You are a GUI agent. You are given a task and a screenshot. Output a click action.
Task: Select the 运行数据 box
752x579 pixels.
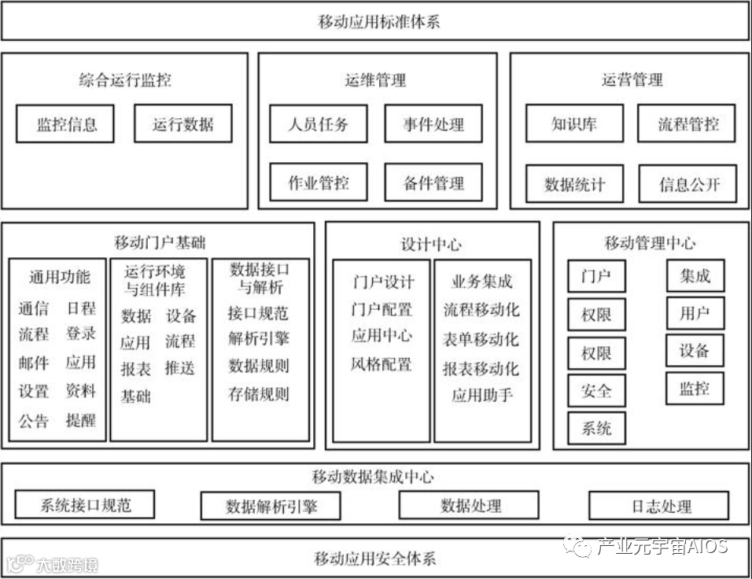(x=182, y=124)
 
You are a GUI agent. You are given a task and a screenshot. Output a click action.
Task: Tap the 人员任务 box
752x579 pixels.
(x=318, y=124)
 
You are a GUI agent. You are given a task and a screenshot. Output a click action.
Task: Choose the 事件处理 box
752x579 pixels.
(x=433, y=124)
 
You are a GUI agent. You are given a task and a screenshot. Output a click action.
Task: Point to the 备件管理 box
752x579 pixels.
(x=433, y=183)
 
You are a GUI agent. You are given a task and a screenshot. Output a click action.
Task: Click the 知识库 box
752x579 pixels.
(x=574, y=124)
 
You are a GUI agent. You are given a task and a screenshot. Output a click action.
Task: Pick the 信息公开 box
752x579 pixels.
(x=688, y=185)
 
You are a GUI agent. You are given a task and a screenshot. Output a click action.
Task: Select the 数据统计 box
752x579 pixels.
(x=574, y=185)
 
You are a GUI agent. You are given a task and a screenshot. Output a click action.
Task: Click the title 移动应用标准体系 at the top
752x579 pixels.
(x=375, y=21)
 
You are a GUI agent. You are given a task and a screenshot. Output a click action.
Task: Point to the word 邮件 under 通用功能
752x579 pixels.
(x=33, y=363)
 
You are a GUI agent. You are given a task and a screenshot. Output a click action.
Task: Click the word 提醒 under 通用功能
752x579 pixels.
(x=80, y=421)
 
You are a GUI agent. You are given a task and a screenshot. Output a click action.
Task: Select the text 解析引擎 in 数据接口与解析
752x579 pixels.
(x=258, y=339)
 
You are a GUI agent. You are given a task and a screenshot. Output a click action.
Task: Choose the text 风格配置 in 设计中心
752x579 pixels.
(x=382, y=364)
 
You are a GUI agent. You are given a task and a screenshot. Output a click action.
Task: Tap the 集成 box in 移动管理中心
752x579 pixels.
(x=695, y=275)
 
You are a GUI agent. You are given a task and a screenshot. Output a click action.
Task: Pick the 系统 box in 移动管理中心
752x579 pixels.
(x=596, y=429)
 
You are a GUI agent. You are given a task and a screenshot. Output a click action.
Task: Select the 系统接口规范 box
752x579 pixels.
(x=85, y=505)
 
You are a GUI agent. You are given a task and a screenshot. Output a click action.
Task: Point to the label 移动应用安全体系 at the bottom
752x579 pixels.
(x=375, y=559)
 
